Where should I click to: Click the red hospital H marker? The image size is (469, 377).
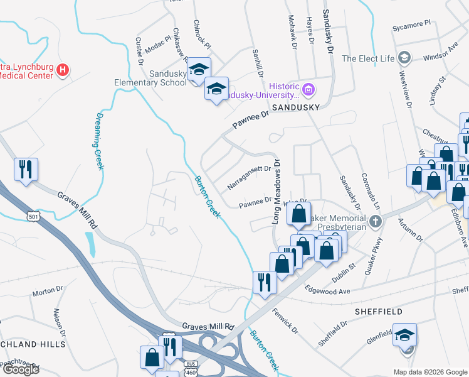63,70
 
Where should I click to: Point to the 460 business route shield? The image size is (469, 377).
191,368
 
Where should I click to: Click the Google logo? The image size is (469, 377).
21,369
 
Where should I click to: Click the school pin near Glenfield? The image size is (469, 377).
405,335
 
